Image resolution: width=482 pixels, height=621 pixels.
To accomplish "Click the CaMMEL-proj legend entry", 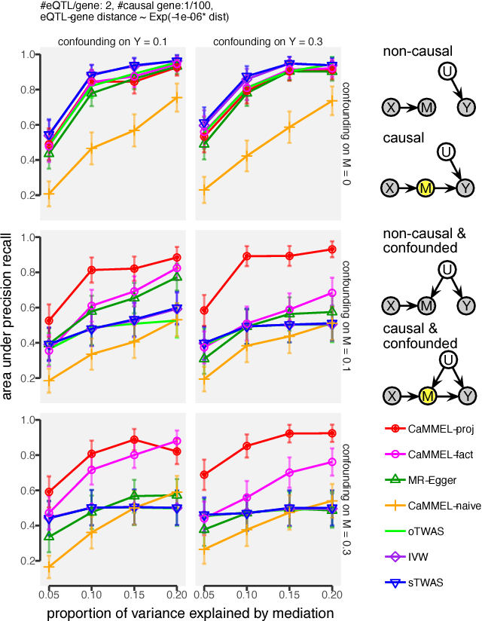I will pyautogui.click(x=427, y=430).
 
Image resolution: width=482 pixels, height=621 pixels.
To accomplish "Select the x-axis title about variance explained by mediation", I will pyautogui.click(x=190, y=613).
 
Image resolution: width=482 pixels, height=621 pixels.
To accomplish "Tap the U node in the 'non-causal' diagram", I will pyautogui.click(x=446, y=71).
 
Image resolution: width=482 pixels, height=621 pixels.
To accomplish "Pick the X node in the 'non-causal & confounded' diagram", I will pyautogui.click(x=391, y=304).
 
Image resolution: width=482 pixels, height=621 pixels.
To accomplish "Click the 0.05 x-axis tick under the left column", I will pyautogui.click(x=48, y=595).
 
